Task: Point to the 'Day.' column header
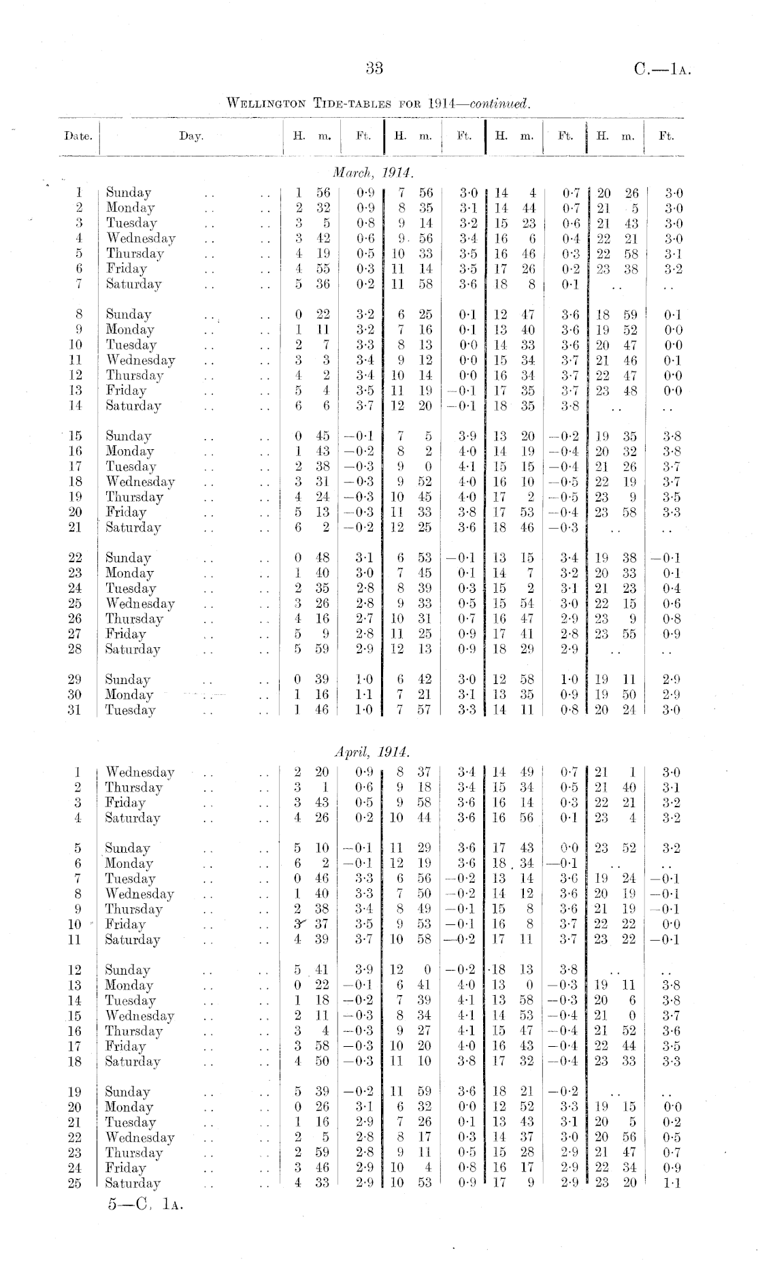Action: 191,135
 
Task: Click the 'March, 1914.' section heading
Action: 374,169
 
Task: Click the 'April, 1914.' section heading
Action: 372,752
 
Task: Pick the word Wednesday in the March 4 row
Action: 141,238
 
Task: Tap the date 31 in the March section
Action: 76,710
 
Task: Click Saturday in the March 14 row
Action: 133,406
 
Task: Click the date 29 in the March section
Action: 76,679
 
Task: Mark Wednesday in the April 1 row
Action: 140,772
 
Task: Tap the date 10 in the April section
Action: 76,924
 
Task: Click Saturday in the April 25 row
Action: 133,1183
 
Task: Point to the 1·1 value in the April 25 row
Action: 670,1183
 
